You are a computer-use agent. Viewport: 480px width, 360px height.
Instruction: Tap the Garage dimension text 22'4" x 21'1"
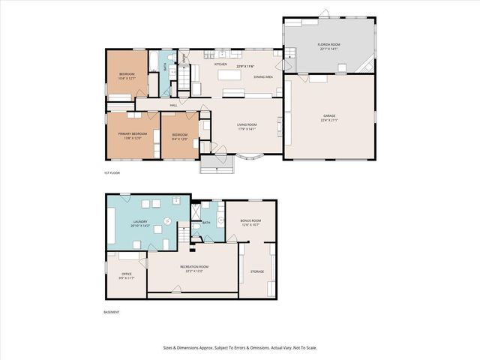(329, 120)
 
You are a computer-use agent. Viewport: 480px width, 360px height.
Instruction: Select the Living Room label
(247, 124)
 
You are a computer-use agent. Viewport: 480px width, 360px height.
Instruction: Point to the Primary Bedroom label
(133, 133)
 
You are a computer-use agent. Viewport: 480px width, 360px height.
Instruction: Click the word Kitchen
(221, 64)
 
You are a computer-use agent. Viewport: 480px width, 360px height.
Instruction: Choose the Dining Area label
(262, 76)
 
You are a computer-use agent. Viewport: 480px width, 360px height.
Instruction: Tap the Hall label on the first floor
(173, 106)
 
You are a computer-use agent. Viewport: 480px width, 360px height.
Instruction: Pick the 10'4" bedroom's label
(127, 73)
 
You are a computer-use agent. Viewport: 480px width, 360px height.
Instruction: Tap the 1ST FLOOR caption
(112, 173)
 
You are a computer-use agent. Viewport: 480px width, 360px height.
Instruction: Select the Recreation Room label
(193, 266)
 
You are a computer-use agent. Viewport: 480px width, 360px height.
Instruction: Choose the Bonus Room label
(250, 220)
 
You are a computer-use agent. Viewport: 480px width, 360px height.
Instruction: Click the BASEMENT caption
(112, 312)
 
